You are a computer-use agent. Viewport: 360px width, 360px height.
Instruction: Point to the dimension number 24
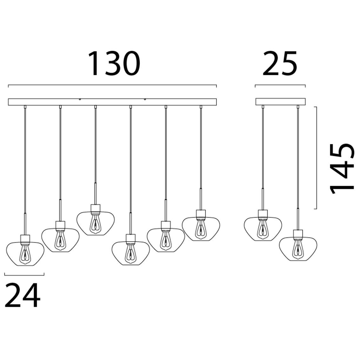coord(23,296)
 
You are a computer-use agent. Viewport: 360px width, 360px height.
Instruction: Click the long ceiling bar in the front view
coord(112,102)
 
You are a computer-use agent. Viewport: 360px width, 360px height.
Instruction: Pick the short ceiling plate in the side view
coord(280,102)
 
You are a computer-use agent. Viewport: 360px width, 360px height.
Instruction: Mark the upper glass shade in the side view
coord(263,229)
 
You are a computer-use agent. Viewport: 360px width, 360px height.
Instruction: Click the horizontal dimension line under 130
coord(112,85)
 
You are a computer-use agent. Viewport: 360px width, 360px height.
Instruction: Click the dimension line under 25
coord(280,85)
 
